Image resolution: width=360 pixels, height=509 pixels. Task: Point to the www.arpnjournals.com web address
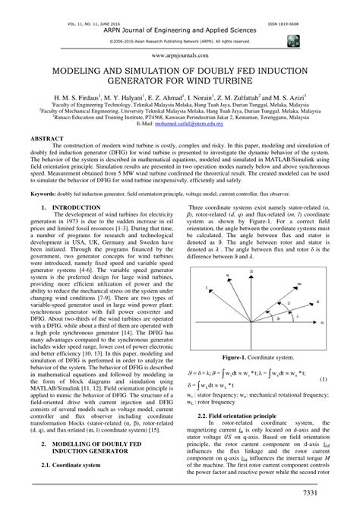point(179,55)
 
